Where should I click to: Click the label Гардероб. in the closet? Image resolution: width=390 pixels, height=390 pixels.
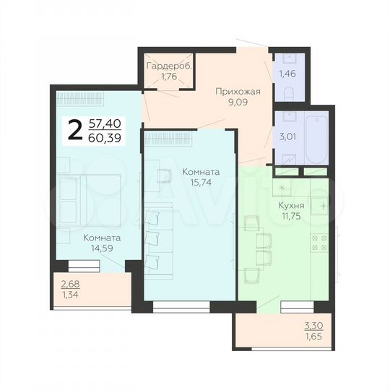tap(168, 66)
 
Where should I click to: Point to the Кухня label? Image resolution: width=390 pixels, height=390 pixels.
tap(291, 205)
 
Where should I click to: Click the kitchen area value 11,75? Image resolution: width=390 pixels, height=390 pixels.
tap(291, 217)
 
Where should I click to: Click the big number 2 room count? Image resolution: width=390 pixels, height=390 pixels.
tap(74, 130)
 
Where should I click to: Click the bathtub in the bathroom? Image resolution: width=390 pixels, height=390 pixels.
tap(316, 138)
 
